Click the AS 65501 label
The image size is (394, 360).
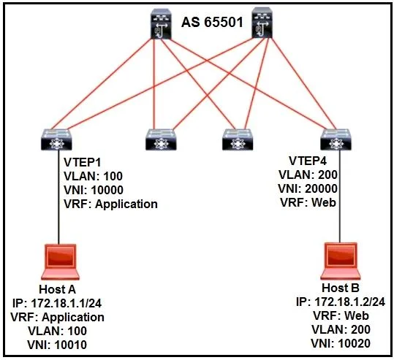[212, 23]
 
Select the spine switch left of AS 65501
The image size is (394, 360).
[161, 23]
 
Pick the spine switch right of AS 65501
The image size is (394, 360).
[262, 23]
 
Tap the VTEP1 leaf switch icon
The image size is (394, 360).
[56, 139]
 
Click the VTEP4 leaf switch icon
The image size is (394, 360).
[336, 139]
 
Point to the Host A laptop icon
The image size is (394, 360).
[60, 262]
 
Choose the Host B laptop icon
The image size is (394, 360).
[341, 261]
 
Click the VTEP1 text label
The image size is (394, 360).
[82, 162]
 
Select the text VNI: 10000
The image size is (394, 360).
[94, 190]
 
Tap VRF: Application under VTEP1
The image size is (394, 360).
[110, 204]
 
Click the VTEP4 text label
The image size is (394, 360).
[308, 161]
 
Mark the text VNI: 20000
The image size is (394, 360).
[308, 188]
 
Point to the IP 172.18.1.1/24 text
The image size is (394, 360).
[57, 303]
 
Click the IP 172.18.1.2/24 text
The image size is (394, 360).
[341, 302]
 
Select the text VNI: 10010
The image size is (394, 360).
[57, 345]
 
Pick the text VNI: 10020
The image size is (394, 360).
[341, 343]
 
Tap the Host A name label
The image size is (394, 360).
[57, 289]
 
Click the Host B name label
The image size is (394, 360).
[341, 288]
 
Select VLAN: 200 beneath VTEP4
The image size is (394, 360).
[308, 175]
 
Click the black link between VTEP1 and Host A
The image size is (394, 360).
[58, 197]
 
